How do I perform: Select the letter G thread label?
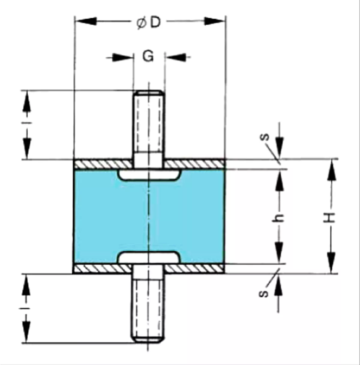point(148,56)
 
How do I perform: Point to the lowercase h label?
point(280,218)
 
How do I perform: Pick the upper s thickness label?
point(265,137)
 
